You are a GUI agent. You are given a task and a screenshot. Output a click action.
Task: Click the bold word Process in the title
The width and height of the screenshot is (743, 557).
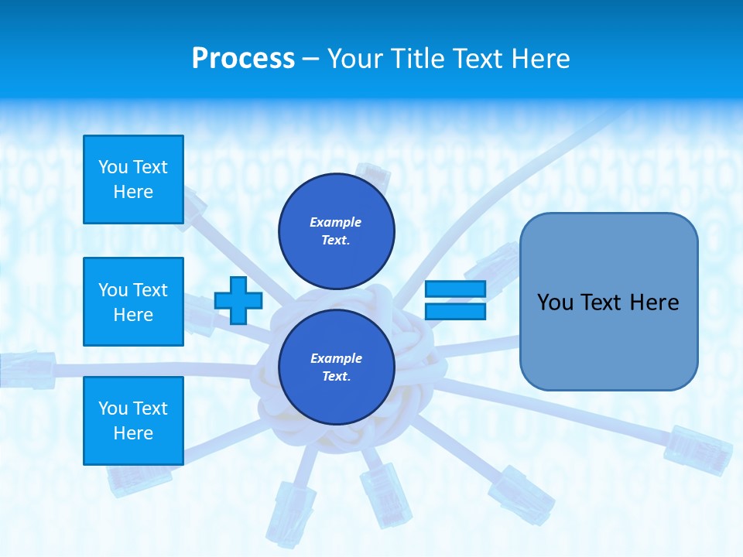(x=243, y=59)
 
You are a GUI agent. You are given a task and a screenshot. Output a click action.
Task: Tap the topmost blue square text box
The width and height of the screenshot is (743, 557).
(x=133, y=179)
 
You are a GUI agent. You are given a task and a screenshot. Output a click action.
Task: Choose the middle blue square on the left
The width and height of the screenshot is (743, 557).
(x=133, y=302)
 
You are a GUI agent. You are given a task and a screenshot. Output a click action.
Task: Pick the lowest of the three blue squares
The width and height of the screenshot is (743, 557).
(x=133, y=420)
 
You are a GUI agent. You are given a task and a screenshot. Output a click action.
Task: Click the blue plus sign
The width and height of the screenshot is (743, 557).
(x=238, y=300)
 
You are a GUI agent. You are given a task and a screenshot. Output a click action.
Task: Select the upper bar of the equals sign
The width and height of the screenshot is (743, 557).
(x=455, y=289)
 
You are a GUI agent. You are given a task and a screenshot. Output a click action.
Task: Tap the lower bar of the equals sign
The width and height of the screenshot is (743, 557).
(x=455, y=311)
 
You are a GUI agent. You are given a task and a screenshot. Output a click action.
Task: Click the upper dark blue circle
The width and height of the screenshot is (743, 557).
(x=336, y=231)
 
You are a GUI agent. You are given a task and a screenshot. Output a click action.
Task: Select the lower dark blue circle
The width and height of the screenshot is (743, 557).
(x=336, y=367)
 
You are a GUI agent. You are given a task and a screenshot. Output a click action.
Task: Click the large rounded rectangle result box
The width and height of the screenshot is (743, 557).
(x=608, y=302)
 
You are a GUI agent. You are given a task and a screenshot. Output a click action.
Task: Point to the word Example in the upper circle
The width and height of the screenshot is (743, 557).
(x=335, y=222)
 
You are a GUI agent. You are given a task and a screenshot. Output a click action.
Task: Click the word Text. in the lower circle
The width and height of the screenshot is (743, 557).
(x=336, y=377)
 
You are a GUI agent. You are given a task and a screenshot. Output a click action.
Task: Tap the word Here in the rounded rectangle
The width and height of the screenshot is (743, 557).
(x=652, y=302)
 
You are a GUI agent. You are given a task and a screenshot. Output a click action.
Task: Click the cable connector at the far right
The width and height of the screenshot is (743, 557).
(x=698, y=449)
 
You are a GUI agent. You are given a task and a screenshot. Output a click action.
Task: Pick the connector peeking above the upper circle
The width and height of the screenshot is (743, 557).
(x=374, y=177)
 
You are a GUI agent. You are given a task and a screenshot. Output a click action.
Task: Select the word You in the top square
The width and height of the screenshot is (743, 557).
(x=113, y=167)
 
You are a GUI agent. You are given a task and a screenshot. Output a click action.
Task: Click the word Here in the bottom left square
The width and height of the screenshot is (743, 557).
(x=133, y=433)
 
